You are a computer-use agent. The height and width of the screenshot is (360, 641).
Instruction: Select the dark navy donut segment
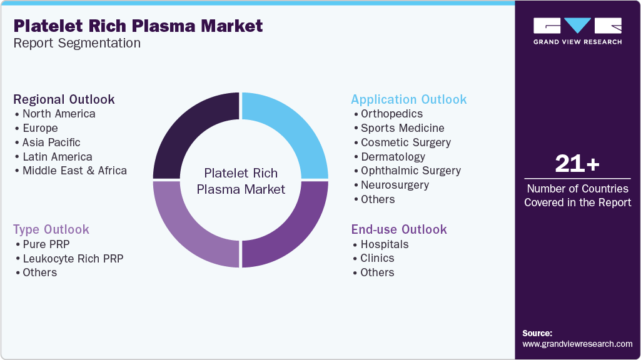click(188, 128)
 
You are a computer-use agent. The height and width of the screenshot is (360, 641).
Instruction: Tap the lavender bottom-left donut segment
click(188, 231)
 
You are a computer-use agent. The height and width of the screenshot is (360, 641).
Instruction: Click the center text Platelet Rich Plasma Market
click(241, 181)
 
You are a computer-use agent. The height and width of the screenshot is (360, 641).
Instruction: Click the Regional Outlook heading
click(64, 99)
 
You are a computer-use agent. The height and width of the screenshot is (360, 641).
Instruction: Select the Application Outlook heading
click(408, 99)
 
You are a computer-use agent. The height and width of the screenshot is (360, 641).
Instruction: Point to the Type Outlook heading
click(51, 229)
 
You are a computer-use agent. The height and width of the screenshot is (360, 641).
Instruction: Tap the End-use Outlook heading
click(398, 229)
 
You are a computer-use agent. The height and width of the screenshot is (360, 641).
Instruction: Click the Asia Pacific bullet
click(51, 142)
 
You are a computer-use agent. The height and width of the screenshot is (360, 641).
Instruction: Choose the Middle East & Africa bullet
click(74, 171)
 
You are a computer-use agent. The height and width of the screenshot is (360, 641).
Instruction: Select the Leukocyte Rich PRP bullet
click(73, 258)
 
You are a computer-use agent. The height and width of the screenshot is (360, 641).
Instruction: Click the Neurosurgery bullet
click(395, 185)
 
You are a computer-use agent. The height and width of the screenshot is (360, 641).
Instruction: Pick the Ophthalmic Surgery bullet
click(410, 171)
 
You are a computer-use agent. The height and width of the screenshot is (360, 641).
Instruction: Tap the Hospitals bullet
click(384, 244)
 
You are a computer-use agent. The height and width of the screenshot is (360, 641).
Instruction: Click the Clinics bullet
click(377, 258)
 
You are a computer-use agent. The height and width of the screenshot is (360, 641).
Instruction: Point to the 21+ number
click(577, 164)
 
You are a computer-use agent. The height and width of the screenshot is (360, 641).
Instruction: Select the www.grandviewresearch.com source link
click(577, 344)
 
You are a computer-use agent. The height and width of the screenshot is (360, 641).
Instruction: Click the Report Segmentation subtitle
click(77, 43)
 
